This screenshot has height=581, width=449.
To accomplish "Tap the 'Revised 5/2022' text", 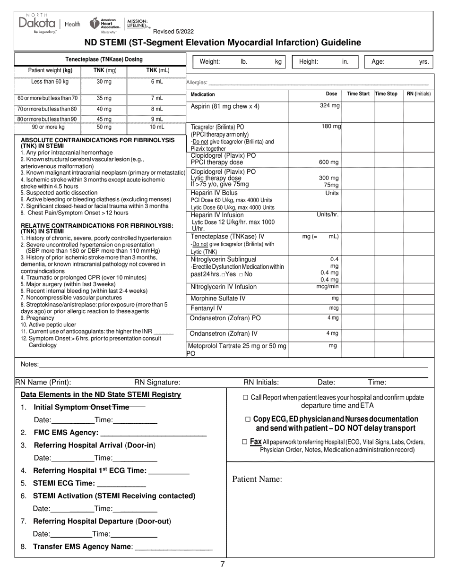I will pyautogui.click(x=173, y=32).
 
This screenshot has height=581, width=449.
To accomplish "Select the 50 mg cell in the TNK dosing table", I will pyautogui.click(x=104, y=127).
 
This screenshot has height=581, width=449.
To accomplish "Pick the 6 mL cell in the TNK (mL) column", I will pyautogui.click(x=157, y=81).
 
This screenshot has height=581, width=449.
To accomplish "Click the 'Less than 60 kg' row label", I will pyautogui.click(x=50, y=81).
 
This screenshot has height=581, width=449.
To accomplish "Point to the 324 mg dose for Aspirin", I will pyautogui.click(x=329, y=106).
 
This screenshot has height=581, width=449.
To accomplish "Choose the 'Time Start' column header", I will pyautogui.click(x=358, y=94).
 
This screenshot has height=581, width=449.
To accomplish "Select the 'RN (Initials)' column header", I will pyautogui.click(x=419, y=94).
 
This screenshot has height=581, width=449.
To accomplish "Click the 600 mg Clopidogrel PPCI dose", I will pyautogui.click(x=329, y=162).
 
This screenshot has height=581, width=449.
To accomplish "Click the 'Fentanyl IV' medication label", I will pyautogui.click(x=206, y=308).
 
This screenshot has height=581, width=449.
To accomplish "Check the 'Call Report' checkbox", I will pyautogui.click(x=245, y=398).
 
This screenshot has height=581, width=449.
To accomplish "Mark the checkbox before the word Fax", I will pyautogui.click(x=244, y=442).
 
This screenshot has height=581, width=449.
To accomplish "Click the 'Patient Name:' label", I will pyautogui.click(x=257, y=479).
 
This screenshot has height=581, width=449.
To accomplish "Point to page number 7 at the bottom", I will pyautogui.click(x=223, y=564).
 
